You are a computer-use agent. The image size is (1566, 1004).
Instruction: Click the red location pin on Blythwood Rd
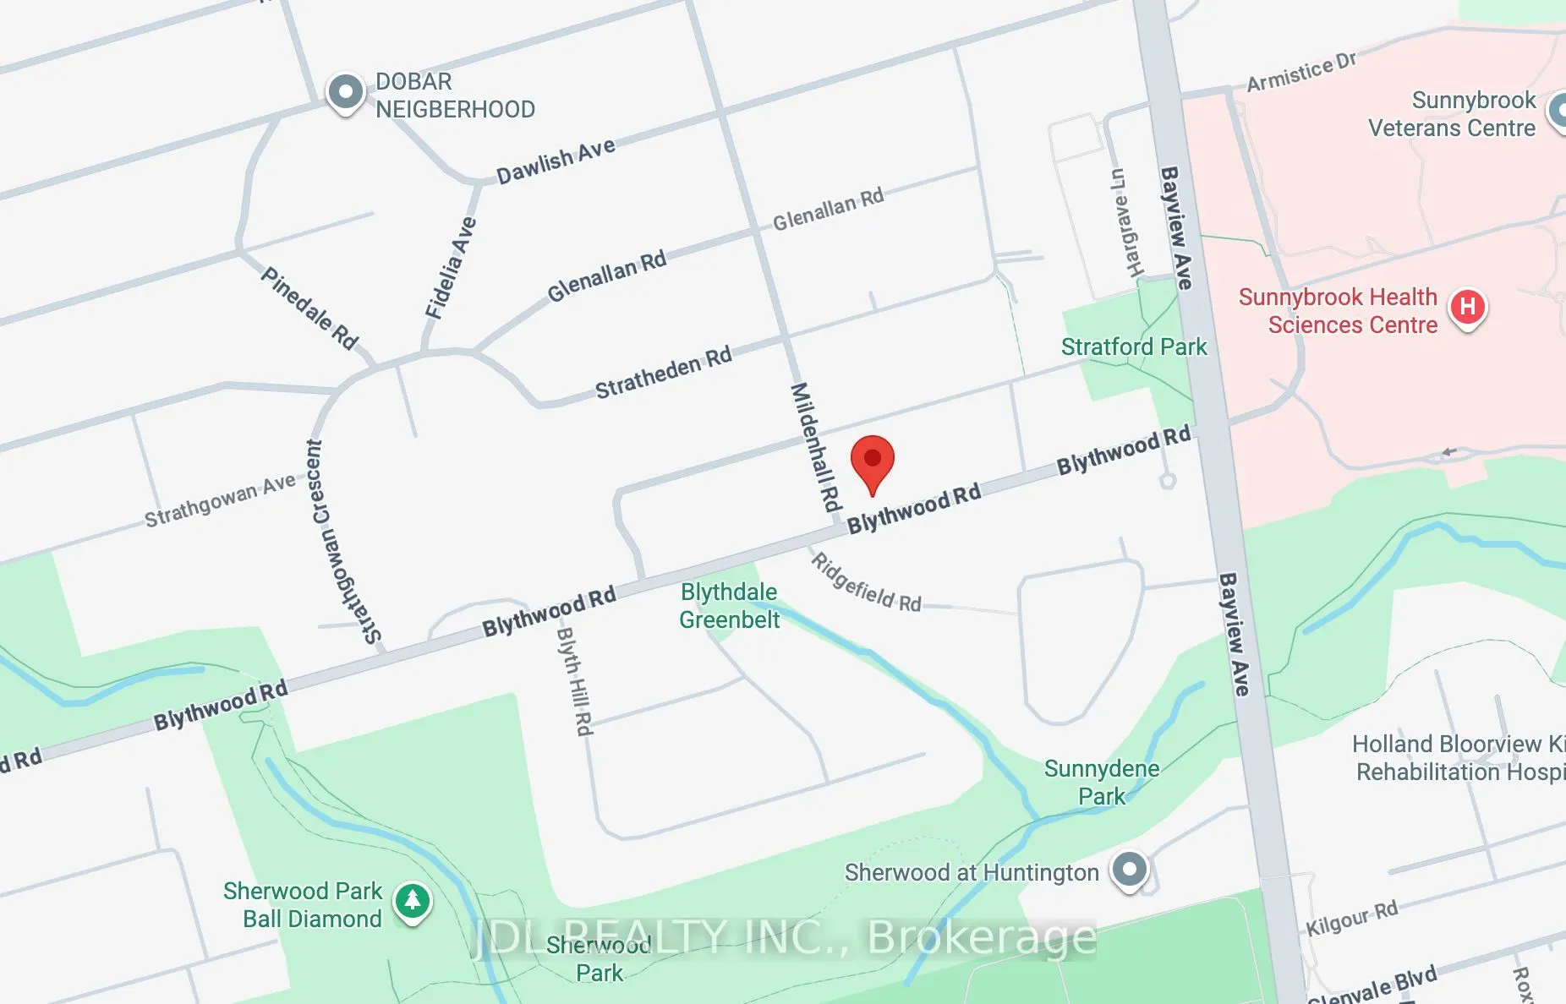[x=872, y=461]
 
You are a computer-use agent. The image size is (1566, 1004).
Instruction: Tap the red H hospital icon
[x=1467, y=307]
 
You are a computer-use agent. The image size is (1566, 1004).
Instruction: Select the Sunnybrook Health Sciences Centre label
[x=1338, y=311]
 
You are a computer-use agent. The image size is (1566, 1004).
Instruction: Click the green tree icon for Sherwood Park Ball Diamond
[x=412, y=901]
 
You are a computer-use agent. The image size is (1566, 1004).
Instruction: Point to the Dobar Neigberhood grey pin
[x=345, y=91]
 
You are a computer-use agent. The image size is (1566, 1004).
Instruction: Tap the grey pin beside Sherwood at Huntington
[x=1130, y=869]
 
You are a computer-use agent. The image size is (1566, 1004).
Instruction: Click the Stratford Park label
[x=1133, y=346]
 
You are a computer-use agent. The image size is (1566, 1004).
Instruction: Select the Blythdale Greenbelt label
[x=729, y=606]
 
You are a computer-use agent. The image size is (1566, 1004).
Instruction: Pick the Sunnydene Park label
[x=1102, y=782]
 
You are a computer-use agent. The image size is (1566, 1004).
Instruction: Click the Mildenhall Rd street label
[x=816, y=447]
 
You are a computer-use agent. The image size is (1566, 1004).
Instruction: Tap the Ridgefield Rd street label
[x=865, y=583]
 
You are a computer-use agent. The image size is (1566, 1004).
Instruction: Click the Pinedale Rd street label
[x=309, y=308]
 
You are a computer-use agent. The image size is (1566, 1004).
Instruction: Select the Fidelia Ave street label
[x=450, y=268]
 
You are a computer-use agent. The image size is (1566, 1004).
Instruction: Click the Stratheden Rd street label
[x=663, y=373]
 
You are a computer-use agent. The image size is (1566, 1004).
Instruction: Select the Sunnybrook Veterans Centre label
[x=1452, y=114]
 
